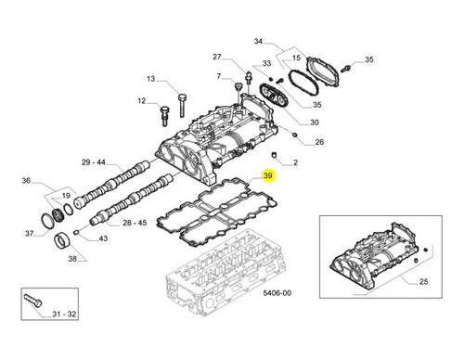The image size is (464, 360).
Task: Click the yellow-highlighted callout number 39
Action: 268,175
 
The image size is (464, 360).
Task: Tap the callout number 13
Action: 150,79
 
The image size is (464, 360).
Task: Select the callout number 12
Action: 142,101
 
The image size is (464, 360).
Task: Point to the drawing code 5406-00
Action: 277,292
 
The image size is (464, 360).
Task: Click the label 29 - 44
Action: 94,162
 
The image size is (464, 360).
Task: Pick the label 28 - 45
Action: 135,223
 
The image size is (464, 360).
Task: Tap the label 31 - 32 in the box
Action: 64,314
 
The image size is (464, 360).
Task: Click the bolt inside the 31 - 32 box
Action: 32,300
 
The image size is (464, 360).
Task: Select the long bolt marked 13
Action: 182,105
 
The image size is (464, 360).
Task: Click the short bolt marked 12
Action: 164,116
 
